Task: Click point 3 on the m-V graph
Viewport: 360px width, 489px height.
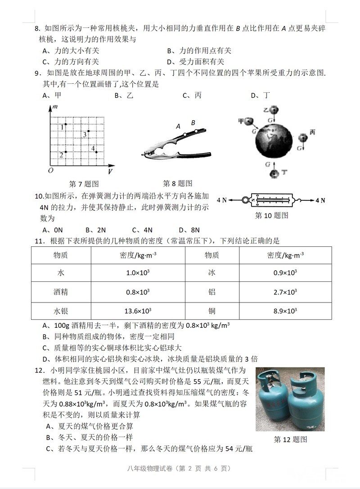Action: click(88, 131)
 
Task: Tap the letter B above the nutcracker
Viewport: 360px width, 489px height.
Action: click(193, 122)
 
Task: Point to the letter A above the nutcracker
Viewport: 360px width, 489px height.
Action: click(178, 127)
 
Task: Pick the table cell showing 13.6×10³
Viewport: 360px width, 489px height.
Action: click(138, 311)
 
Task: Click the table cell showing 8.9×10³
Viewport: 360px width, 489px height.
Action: click(285, 311)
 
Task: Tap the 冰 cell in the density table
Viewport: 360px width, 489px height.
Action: click(212, 272)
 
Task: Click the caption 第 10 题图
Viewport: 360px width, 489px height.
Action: click(271, 216)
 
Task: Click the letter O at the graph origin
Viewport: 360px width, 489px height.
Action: click(51, 170)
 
